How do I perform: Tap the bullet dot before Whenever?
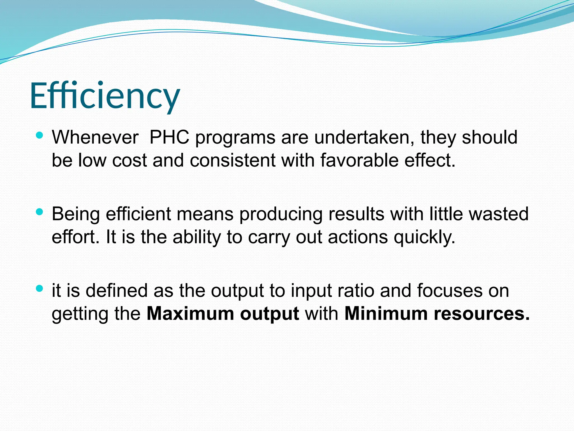[40, 136]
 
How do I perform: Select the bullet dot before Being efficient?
[40, 212]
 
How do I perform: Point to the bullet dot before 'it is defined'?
[40, 288]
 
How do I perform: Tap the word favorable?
[359, 160]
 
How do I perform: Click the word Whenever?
[95, 137]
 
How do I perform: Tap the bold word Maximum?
[190, 313]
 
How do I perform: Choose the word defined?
[116, 290]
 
